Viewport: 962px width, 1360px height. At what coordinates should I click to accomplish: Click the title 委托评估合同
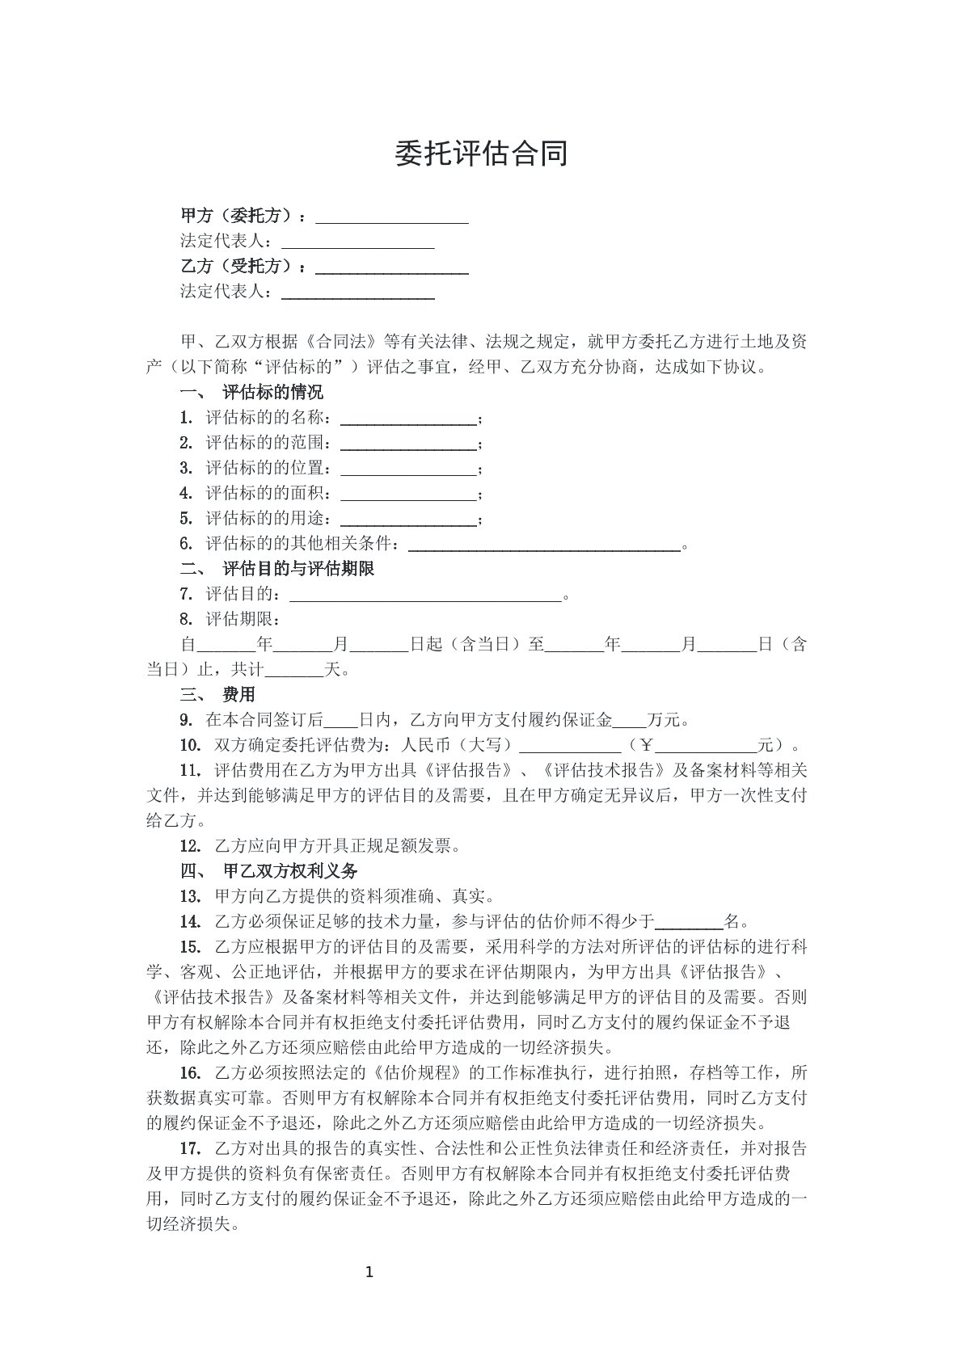[x=481, y=154]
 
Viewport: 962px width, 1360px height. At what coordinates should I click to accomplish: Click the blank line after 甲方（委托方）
[x=391, y=218]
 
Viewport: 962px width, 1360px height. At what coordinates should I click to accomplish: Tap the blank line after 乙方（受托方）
[x=391, y=268]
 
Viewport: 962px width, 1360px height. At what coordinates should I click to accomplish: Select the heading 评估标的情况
[x=272, y=393]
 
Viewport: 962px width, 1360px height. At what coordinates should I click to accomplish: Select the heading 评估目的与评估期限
[x=298, y=569]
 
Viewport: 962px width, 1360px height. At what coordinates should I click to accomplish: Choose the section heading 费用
[x=238, y=694]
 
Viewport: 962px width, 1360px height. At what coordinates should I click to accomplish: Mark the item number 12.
[x=190, y=846]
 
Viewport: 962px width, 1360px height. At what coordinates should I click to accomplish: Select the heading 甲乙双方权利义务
[x=289, y=871]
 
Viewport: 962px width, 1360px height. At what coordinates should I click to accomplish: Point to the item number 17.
[x=190, y=1148]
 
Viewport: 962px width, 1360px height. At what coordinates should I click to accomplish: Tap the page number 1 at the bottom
[x=369, y=1274]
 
